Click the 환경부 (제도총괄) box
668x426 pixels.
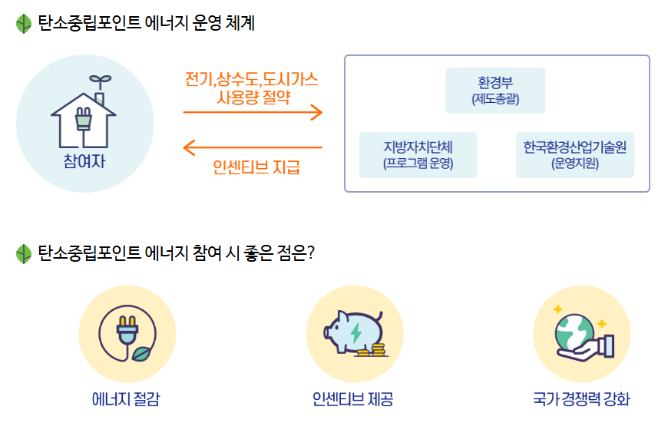pos(495,91)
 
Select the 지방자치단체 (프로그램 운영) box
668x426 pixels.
pos(418,155)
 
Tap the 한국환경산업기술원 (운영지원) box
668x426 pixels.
pos(574,155)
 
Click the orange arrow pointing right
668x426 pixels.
pos(253,113)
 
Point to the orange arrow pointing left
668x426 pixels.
pos(253,147)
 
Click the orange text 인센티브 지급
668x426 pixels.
pos(256,167)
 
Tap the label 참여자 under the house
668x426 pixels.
pos(84,162)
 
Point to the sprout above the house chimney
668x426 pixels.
pos(98,80)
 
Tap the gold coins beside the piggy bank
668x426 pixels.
pos(371,351)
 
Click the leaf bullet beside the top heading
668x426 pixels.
pos(24,24)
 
